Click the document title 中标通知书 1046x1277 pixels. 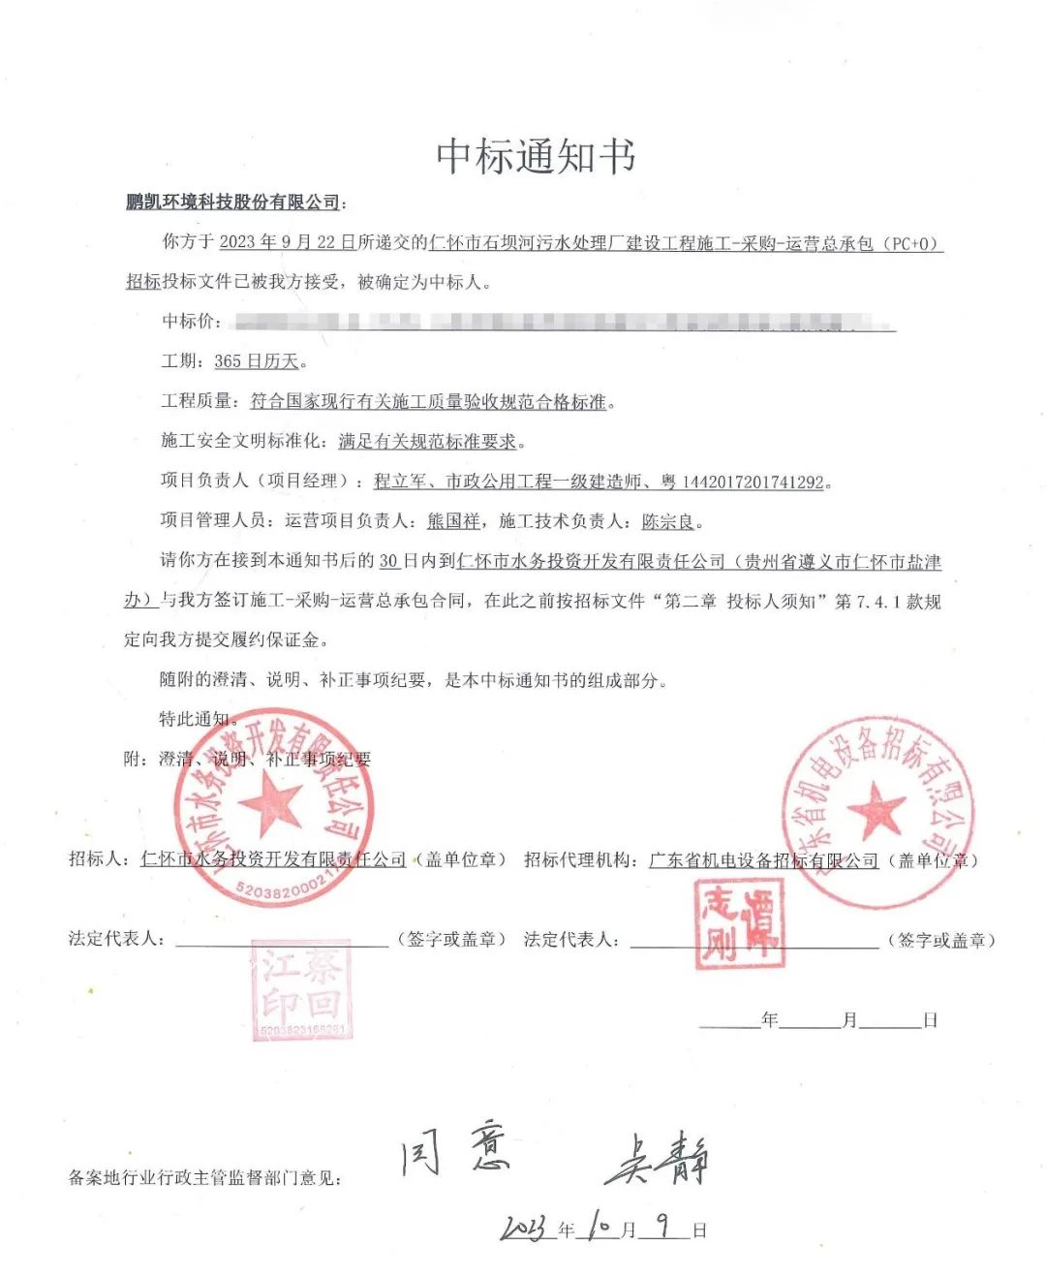(536, 156)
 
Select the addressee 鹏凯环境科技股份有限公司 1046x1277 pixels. (232, 202)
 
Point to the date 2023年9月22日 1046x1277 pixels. (287, 242)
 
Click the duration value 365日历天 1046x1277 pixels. (256, 361)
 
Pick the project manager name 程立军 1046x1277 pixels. (400, 481)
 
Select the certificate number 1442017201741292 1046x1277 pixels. (753, 482)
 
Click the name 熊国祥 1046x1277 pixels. (453, 521)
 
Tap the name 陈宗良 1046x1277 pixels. (668, 521)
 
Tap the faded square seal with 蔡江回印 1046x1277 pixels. (301, 989)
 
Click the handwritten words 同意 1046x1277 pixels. (456, 1150)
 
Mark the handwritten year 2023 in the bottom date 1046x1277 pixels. (527, 1229)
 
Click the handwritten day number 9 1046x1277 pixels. (663, 1226)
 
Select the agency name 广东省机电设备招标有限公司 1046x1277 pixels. (763, 860)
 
